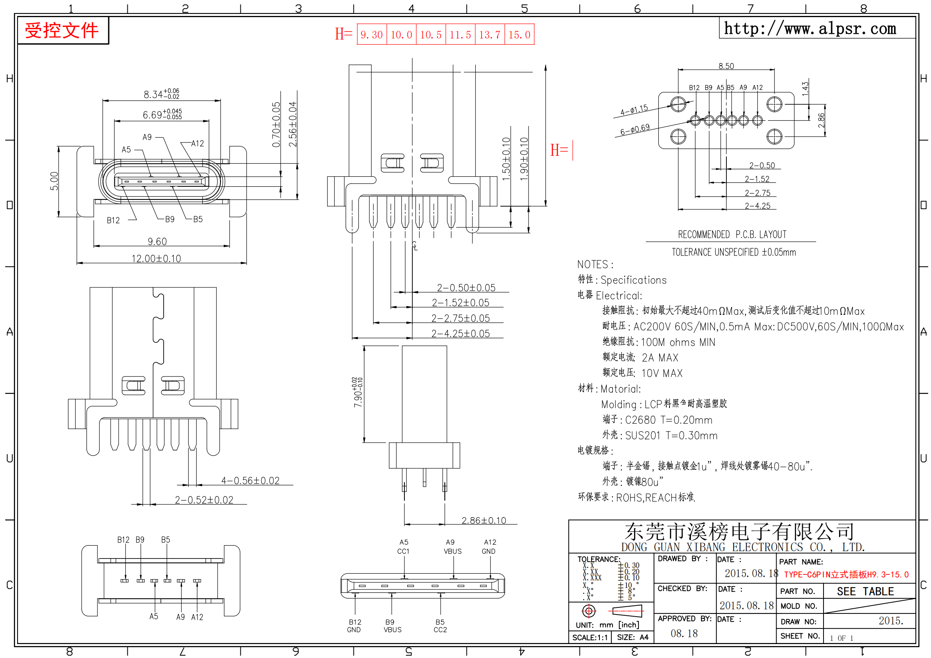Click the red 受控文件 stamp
pyautogui.click(x=62, y=30)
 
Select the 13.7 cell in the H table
pyautogui.click(x=490, y=35)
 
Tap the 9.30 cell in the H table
pyautogui.click(x=372, y=35)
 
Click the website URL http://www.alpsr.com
pyautogui.click(x=810, y=28)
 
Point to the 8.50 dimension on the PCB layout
pyautogui.click(x=726, y=66)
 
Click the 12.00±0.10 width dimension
pyautogui.click(x=156, y=259)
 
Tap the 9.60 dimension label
pyautogui.click(x=157, y=242)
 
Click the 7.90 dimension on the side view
pyautogui.click(x=358, y=392)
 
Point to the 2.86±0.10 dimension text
pyautogui.click(x=484, y=521)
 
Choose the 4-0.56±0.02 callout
pyautogui.click(x=251, y=481)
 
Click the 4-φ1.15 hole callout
pyautogui.click(x=634, y=110)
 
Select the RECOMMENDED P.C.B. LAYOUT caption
pyautogui.click(x=732, y=235)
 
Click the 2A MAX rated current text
pyautogui.click(x=660, y=358)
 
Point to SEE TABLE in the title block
pyautogui.click(x=865, y=592)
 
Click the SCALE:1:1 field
pyautogui.click(x=590, y=638)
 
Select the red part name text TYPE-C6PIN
pyautogui.click(x=846, y=574)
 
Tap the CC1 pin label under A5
pyautogui.click(x=404, y=551)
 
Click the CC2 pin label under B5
pyautogui.click(x=440, y=630)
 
